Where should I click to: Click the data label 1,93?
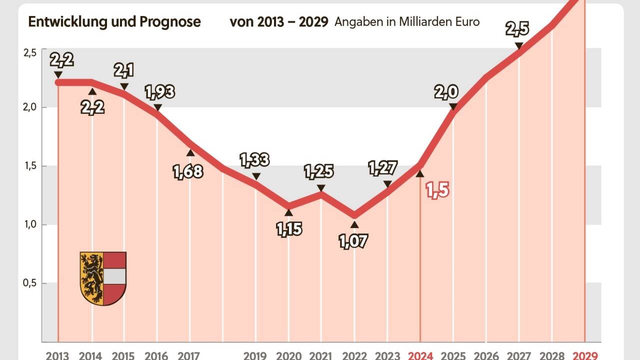[x=159, y=92]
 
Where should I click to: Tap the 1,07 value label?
[x=353, y=241]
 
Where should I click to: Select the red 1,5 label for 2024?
[x=437, y=190]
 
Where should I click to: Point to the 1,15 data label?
[x=289, y=228]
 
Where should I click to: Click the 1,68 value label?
[x=188, y=171]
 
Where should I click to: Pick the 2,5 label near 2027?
[x=517, y=29]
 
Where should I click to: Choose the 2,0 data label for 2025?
[x=446, y=92]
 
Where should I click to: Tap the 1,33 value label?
[x=254, y=160]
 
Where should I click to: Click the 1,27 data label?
[x=383, y=168]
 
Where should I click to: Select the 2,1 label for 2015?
[x=123, y=71]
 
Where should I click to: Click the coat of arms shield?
[x=103, y=278]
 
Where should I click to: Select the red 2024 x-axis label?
[x=420, y=355]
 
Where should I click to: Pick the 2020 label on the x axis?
[x=288, y=355]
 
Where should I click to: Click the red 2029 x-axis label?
[x=585, y=355]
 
